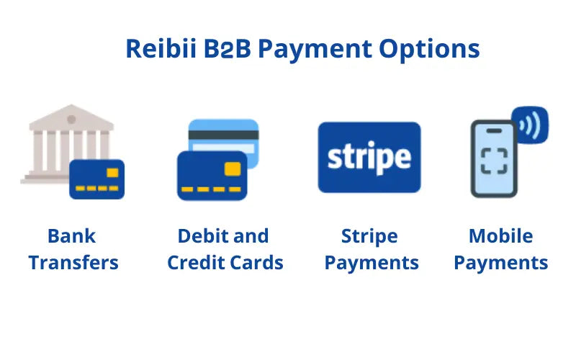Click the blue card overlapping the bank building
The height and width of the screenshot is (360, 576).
[97, 179]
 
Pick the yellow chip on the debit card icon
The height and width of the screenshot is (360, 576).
[232, 168]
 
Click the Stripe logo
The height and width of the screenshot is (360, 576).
[369, 157]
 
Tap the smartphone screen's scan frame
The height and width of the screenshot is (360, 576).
[494, 159]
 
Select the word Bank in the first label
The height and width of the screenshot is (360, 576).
[71, 236]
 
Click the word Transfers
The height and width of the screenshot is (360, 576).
[73, 262]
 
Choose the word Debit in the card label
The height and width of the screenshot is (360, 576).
[202, 236]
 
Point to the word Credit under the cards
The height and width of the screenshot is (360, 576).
[196, 262]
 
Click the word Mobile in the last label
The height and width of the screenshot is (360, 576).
[500, 236]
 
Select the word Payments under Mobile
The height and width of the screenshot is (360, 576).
[500, 262]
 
